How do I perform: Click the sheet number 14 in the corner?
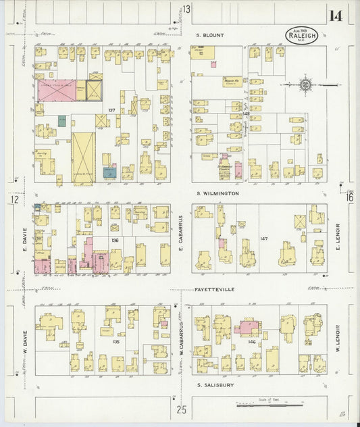coord(336,16)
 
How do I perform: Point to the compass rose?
coord(305,85)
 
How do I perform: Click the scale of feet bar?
coord(267,405)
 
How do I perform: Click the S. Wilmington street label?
coord(217,193)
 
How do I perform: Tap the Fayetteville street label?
coord(214,289)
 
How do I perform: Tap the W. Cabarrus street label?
coord(182,336)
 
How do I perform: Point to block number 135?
coord(115,341)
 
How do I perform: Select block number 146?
coord(252,343)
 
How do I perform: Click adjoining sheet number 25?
coord(181,409)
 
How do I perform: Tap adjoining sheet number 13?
coord(186,9)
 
